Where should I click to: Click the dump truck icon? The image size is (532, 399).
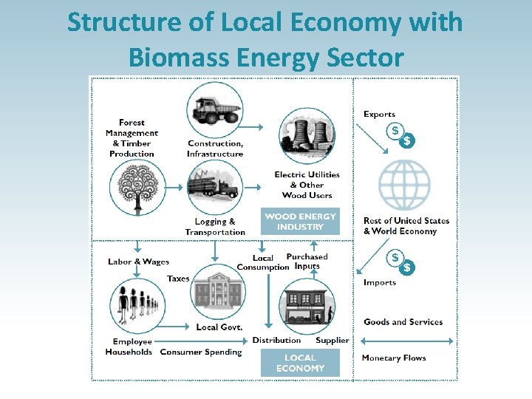click(x=215, y=110)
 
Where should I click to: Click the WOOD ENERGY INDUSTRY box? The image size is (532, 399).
click(x=300, y=222)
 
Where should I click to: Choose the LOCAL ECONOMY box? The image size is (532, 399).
click(x=300, y=363)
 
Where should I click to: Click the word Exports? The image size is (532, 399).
click(x=379, y=115)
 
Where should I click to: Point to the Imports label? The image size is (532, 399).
click(x=380, y=283)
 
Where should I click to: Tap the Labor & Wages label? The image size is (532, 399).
click(x=138, y=262)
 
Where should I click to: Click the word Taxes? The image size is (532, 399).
click(x=178, y=279)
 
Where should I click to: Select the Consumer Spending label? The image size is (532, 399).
click(x=201, y=352)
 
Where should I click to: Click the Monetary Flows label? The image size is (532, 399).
click(x=394, y=358)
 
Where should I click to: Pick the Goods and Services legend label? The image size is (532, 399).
click(x=403, y=322)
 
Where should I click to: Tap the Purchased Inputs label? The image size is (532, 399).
click(x=307, y=262)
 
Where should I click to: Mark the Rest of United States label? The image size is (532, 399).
click(x=406, y=221)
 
